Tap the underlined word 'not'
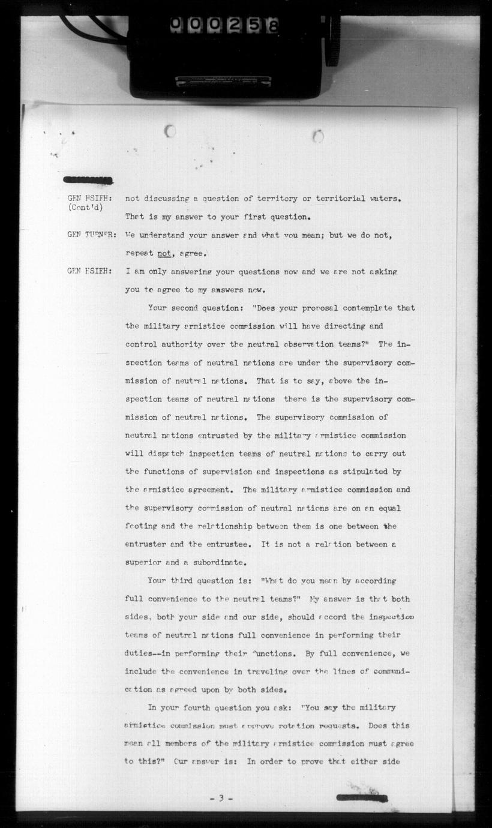pos(164,253)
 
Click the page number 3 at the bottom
pos(221,798)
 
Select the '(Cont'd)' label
pos(85,208)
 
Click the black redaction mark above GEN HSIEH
pos(88,179)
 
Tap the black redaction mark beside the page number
pos(361,798)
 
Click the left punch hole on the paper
pos(170,131)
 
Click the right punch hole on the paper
pos(318,136)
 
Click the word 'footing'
pos(141,526)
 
